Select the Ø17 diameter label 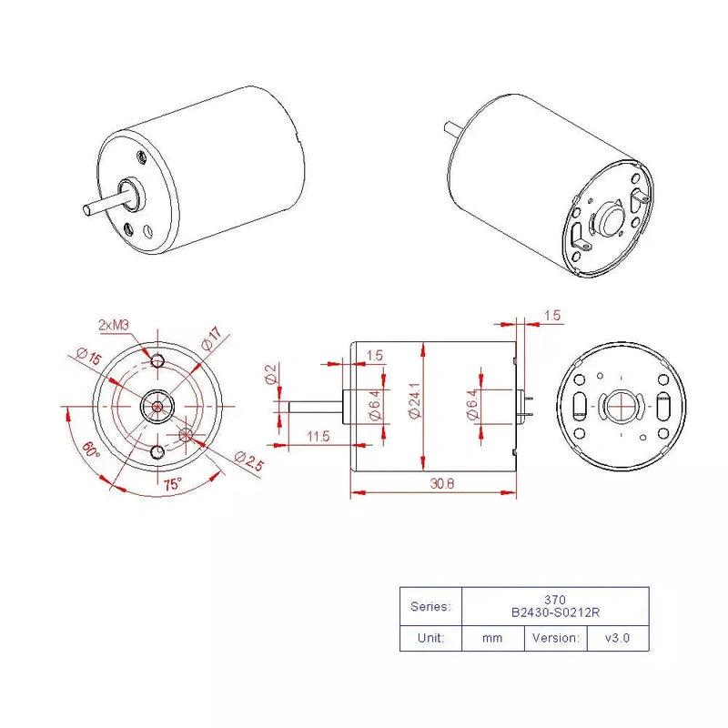212,339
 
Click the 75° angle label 172,484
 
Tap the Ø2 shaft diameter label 270,374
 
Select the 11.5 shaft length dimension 318,437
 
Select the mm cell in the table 492,638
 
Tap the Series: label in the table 430,606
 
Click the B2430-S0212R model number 555,612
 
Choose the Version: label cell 554,638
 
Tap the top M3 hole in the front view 158,361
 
